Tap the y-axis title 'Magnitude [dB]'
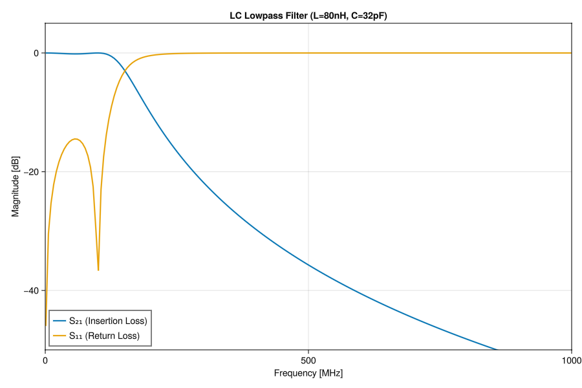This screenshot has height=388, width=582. point(16,187)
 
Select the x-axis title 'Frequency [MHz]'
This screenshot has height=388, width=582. point(308,373)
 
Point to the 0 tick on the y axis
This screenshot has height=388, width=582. point(36,53)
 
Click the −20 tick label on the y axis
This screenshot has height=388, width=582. point(31,171)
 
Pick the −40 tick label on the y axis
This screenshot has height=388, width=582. point(31,290)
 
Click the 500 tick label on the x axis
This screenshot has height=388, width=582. point(308,360)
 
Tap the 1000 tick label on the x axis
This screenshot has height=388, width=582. point(571,360)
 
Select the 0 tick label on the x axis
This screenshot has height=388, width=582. point(45,360)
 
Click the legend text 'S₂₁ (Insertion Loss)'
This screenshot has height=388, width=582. point(108,321)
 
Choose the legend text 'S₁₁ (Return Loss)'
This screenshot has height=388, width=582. point(103,336)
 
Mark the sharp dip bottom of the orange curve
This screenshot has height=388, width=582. point(98,270)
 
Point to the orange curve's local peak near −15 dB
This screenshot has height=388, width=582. point(76,139)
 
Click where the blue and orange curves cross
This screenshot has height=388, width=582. point(124,72)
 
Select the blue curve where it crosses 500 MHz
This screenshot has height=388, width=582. point(308,266)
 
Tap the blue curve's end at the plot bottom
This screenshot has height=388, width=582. point(497,349)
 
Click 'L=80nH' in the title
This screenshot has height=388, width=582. point(330,16)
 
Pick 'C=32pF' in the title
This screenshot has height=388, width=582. point(367,16)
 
